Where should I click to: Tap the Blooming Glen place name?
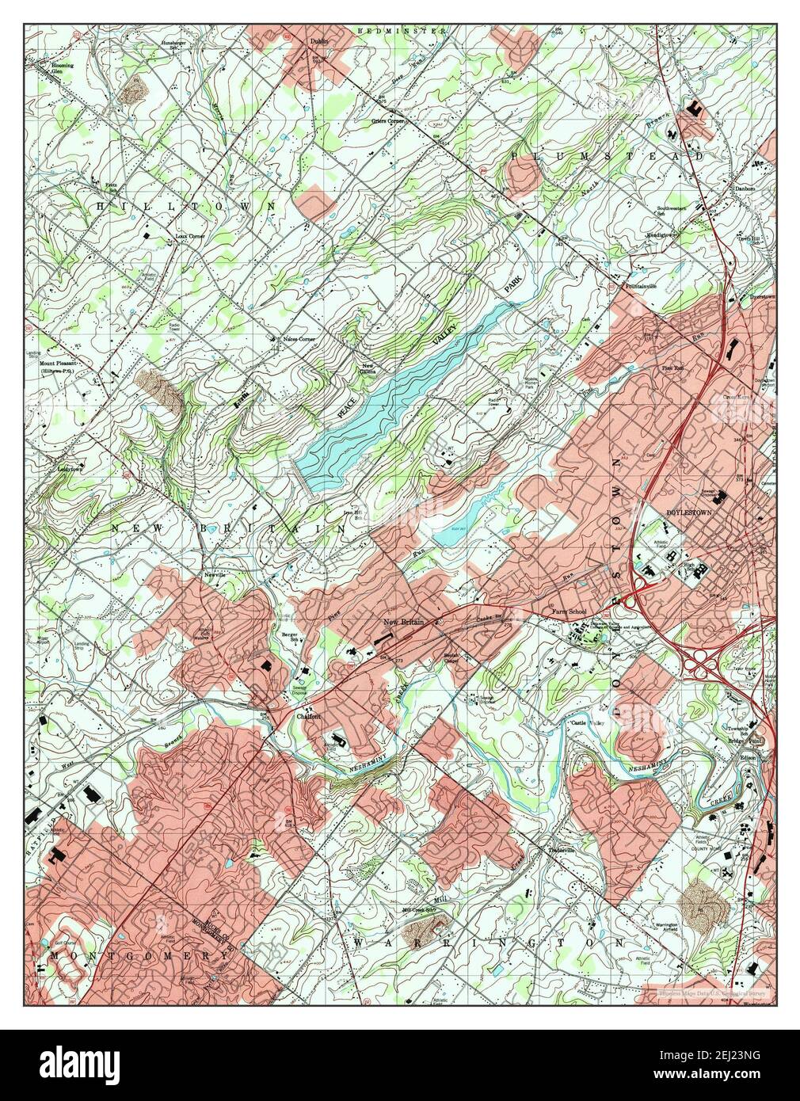(x=62, y=68)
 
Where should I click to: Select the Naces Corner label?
(x=299, y=339)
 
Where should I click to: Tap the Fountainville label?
(x=642, y=285)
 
